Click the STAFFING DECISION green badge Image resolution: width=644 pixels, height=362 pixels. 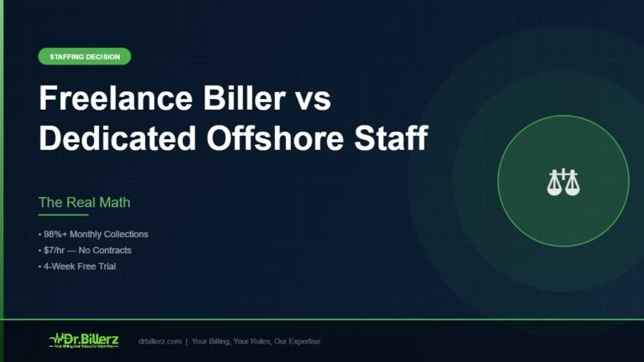click(85, 57)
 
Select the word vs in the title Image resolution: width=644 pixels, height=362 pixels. click(312, 100)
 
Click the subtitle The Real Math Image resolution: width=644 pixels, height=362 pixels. click(84, 203)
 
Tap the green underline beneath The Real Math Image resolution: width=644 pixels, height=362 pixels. click(63, 215)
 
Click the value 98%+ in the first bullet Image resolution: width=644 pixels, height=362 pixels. click(56, 235)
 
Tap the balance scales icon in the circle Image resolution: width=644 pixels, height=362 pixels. click(563, 182)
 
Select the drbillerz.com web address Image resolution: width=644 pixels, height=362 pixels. click(161, 341)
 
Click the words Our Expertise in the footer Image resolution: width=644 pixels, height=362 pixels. click(297, 341)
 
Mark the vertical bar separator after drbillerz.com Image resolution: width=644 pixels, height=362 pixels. click(186, 341)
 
